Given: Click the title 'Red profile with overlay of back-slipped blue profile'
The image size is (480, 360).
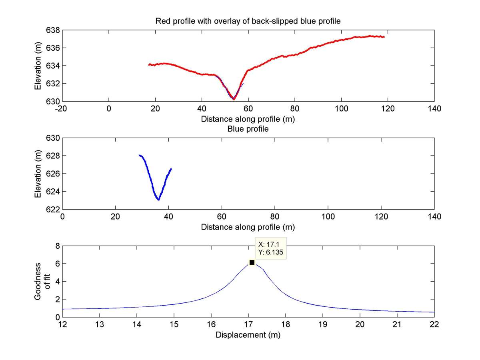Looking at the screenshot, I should point(248,21).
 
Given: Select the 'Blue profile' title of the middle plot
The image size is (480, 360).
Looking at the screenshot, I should point(248,129).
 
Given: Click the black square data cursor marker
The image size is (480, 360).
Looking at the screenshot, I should point(252,262).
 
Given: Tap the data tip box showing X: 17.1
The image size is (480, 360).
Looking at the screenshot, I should point(271,248).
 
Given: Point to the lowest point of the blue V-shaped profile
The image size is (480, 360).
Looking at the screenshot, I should point(158,200).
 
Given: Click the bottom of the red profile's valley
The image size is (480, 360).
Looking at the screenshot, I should point(233,99).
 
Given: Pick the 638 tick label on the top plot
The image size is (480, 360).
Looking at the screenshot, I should point(54,30).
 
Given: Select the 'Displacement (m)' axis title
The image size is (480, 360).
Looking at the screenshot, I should point(248,335).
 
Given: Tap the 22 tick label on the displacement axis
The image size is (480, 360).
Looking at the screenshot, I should point(434,324).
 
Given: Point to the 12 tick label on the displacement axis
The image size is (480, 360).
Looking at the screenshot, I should point(62,324).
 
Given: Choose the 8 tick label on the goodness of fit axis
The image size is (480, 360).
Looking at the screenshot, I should point(57,246).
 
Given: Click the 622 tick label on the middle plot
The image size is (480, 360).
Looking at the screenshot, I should point(54,209).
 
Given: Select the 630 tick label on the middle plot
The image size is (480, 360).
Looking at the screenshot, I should point(54,138).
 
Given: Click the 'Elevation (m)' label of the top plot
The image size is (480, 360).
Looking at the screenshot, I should point(38,66).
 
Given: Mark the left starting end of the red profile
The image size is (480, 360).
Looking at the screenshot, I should point(149,64).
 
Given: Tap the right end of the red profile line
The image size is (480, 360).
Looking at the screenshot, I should point(384,37).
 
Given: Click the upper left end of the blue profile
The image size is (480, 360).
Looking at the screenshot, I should point(139,155).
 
